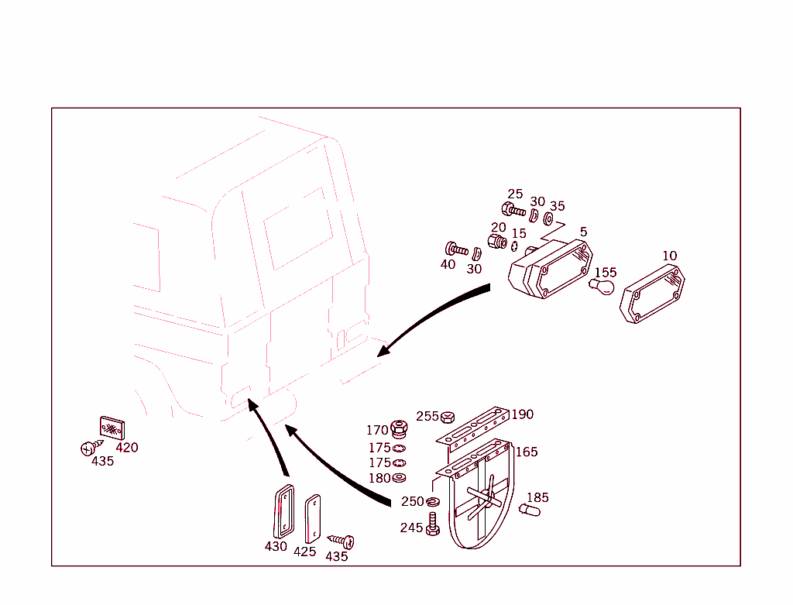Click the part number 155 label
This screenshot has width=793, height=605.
(606, 273)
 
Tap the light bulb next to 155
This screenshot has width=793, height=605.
(602, 287)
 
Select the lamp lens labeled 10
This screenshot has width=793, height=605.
(652, 294)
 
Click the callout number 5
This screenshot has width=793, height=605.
(584, 232)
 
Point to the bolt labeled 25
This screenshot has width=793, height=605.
(513, 209)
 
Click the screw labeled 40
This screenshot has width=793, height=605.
(456, 249)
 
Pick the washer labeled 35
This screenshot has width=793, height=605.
(548, 219)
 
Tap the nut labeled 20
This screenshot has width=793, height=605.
(497, 241)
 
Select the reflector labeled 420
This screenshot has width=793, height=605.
(112, 428)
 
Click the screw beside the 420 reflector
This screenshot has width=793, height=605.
(91, 447)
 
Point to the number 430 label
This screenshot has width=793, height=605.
(276, 546)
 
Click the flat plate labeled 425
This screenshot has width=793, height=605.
(313, 518)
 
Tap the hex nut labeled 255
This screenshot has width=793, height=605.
(447, 418)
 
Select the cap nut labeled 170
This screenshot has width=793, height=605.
(399, 429)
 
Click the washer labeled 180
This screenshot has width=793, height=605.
(399, 477)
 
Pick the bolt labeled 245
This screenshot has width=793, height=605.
(432, 524)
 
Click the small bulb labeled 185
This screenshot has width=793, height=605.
(530, 510)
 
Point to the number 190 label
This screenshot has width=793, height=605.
(523, 414)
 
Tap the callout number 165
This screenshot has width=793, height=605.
(527, 452)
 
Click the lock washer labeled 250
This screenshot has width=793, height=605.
(432, 502)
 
